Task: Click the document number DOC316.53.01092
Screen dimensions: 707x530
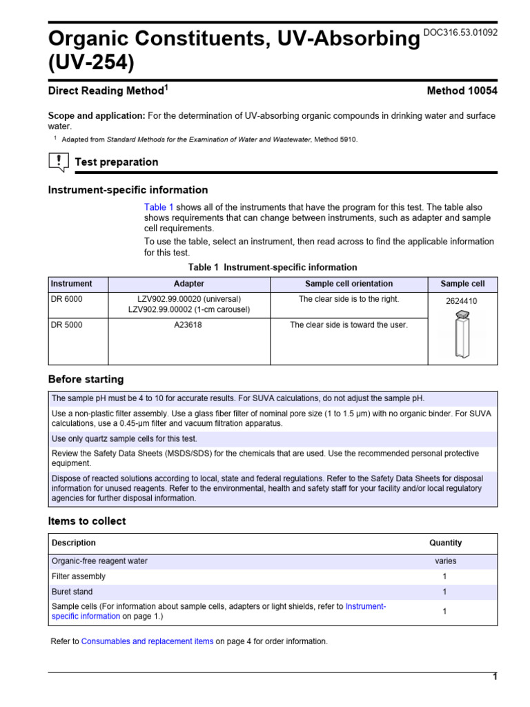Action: click(460, 32)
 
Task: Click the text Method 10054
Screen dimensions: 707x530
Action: click(462, 90)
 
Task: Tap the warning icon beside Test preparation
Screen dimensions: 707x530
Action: click(59, 162)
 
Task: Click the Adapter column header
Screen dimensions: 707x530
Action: click(188, 284)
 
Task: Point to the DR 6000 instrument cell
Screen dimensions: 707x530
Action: click(67, 300)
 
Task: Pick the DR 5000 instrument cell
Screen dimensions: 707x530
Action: click(67, 325)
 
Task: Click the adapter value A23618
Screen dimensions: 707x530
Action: click(188, 325)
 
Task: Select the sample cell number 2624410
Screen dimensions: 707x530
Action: click(462, 301)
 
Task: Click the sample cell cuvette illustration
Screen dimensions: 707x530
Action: click(462, 334)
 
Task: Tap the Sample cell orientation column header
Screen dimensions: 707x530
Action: click(349, 284)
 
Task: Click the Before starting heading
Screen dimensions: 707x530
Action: click(86, 379)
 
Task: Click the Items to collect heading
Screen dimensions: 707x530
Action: click(87, 521)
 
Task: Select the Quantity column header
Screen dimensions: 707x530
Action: click(445, 543)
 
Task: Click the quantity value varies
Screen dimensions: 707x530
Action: click(445, 561)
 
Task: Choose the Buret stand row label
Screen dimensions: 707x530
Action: click(72, 592)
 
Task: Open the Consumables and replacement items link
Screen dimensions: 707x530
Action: click(147, 641)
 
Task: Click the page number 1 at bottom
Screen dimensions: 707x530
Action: click(494, 677)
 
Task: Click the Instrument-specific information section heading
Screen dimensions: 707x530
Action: click(128, 190)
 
